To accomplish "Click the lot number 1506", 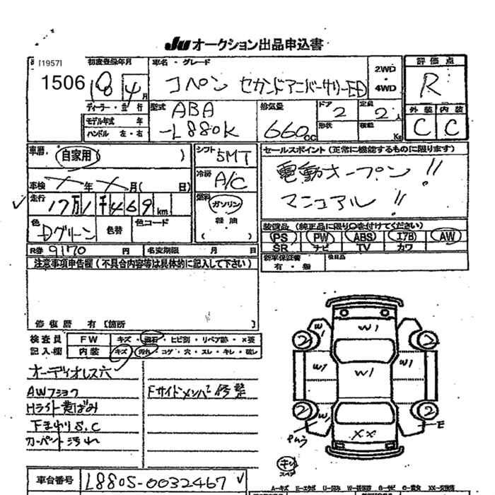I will [63, 83].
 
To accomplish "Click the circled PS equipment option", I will [279, 238].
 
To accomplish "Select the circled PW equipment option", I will [322, 238].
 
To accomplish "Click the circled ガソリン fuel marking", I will [227, 203].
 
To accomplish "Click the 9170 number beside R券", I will [69, 250].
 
